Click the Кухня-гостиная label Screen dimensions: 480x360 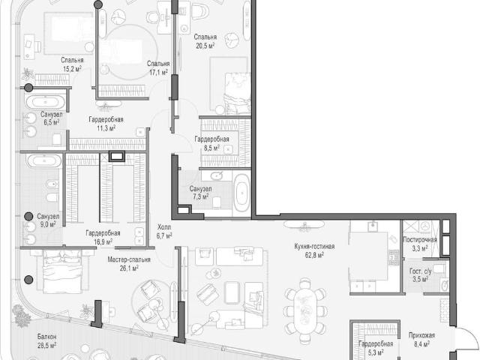click(314, 247)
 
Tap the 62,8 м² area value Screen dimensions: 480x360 click(315, 255)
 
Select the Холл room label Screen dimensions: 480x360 click(164, 227)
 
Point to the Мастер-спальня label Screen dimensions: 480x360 click(129, 259)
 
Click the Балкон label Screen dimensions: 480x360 click(46, 337)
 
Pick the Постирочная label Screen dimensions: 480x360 click(420, 240)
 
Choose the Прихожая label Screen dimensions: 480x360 click(421, 335)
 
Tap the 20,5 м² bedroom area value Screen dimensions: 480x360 click(205, 46)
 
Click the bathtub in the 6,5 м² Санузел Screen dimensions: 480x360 click(45, 102)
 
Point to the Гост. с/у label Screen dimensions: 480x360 click(420, 271)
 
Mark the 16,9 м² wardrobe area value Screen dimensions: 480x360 click(103, 241)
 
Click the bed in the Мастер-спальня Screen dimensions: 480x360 click(63, 271)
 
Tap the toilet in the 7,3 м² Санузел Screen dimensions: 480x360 click(217, 202)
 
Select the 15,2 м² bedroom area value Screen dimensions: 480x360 click(72, 68)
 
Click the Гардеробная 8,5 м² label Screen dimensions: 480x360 click(211, 143)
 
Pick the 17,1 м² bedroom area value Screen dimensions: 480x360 click(158, 72)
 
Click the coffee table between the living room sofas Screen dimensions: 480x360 click(232, 292)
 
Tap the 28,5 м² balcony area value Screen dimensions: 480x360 click(46, 345)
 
